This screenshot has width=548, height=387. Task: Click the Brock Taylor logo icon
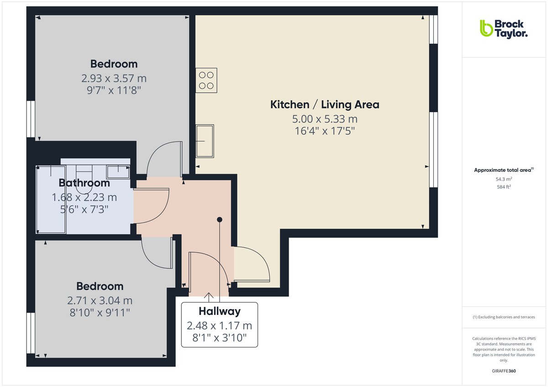pos(486,28)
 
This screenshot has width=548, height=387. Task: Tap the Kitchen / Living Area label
pos(325,104)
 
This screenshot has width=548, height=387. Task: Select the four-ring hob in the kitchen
pos(206,80)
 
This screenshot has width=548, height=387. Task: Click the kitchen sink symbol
pos(205,141)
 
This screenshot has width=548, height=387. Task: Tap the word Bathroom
pos(84,183)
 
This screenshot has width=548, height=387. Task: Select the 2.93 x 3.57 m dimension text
pos(114,78)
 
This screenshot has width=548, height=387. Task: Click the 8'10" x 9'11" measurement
pos(100,313)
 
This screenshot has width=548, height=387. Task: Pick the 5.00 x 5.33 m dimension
pos(325,119)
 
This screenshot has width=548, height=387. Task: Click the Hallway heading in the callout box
pos(219,312)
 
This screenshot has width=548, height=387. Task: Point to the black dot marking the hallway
pos(220,220)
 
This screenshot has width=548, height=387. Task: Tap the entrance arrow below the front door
pos(209,297)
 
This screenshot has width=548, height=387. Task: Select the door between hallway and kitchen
pos(251,264)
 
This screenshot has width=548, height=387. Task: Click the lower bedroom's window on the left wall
pos(30,333)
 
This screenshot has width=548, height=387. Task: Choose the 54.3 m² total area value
pos(503,179)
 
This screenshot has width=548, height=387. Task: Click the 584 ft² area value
pos(503,186)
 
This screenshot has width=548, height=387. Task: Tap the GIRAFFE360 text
pos(503,371)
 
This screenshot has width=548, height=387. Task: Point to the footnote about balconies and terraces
pos(503,317)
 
